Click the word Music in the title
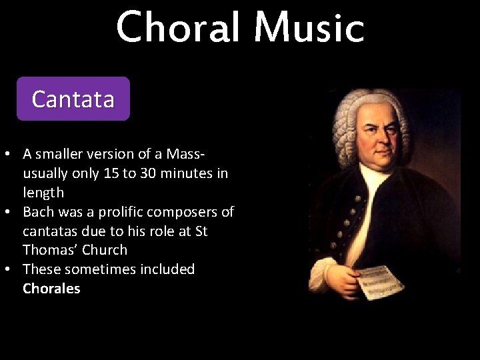[309, 28]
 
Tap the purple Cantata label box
[73, 99]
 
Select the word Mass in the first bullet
[185, 154]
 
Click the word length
[43, 193]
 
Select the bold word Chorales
[51, 289]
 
